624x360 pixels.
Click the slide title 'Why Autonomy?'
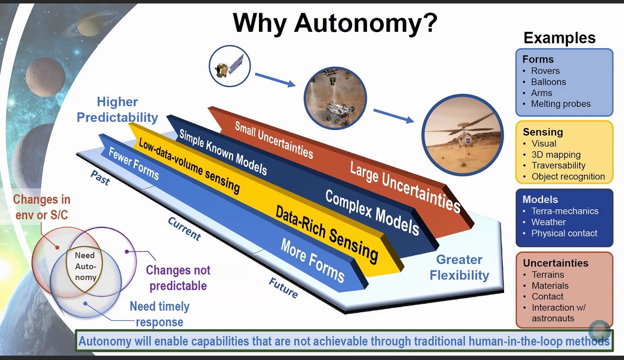335,23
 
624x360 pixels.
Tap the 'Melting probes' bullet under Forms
561,103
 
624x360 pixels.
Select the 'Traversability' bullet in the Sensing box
558,165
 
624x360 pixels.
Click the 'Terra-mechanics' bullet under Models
564,211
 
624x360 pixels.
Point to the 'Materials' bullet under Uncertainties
550,286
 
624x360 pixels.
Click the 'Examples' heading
559,38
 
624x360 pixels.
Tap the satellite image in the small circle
229,66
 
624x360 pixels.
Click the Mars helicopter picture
463,135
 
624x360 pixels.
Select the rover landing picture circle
335,98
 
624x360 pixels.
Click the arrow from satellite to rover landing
275,80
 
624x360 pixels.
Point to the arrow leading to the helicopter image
394,116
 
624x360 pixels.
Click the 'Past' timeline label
100,178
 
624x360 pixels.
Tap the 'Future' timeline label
283,288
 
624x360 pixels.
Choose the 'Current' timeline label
184,229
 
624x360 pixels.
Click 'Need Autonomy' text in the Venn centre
85,267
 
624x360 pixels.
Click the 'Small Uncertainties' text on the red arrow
274,140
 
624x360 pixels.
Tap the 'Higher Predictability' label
117,110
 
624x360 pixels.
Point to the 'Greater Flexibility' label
459,267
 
